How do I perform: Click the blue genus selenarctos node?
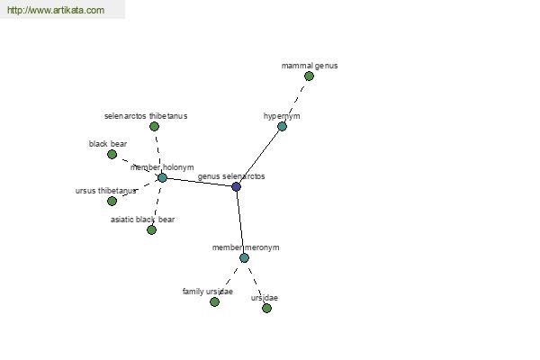236,186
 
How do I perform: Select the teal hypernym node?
282,126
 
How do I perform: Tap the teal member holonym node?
162,178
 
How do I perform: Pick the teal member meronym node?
244,257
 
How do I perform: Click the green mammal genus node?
309,76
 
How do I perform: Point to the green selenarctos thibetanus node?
154,126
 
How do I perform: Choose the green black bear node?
112,154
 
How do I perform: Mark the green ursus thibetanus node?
112,201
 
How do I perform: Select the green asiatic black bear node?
151,229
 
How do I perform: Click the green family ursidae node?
214,301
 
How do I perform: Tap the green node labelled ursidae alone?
266,308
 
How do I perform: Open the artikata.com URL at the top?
56,10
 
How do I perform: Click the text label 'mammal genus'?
310,66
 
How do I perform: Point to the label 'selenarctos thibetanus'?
146,116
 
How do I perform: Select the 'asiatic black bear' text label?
142,220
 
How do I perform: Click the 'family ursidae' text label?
208,292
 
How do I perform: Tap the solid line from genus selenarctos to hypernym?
259,157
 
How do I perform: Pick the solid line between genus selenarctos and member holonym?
199,182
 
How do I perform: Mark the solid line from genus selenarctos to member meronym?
240,222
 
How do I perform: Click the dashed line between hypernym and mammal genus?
295,102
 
